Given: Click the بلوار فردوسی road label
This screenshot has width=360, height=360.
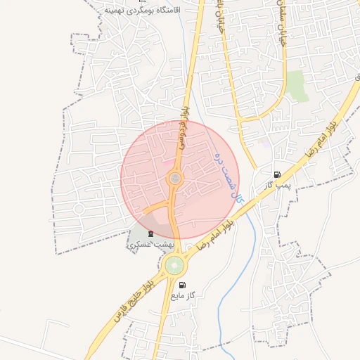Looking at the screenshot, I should pyautogui.click(x=185, y=116).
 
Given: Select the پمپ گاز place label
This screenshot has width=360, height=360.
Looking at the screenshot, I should pyautogui.click(x=278, y=184).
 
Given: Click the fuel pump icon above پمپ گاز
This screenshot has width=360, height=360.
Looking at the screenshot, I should pyautogui.click(x=278, y=174).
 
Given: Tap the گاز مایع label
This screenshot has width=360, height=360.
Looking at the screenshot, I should pyautogui.click(x=182, y=295).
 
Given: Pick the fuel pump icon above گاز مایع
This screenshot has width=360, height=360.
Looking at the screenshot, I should pyautogui.click(x=183, y=285).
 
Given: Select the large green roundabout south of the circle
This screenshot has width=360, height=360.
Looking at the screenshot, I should pyautogui.click(x=174, y=265).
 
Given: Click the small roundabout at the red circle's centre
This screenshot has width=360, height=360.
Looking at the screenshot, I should pyautogui.click(x=174, y=180).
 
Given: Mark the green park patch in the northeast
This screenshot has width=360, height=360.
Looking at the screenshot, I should pyautogui.click(x=297, y=86).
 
